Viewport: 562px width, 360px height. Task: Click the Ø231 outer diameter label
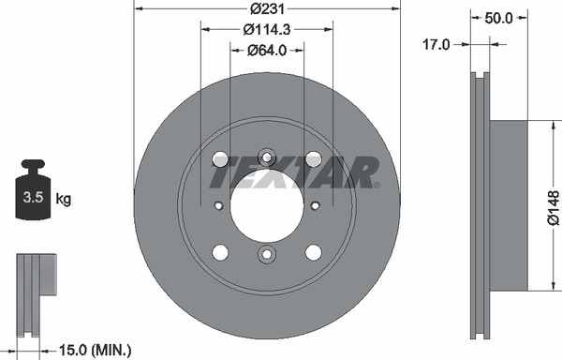[267, 8]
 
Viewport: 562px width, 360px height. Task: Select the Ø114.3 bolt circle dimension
[267, 29]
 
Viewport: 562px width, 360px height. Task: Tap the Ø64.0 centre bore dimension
[267, 51]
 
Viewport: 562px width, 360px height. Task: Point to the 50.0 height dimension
[498, 18]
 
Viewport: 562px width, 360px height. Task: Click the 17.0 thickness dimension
[436, 45]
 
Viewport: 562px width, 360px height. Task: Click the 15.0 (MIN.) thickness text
[95, 350]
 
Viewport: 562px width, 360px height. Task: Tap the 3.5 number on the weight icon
[33, 198]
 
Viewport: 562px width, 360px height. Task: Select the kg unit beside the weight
[64, 199]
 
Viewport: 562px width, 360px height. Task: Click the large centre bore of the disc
[267, 205]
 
